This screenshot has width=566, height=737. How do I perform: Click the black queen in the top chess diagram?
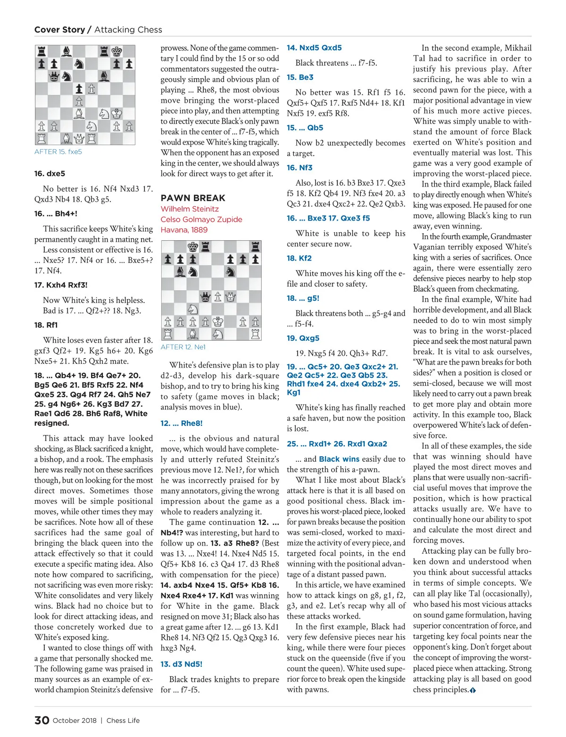click(54, 76)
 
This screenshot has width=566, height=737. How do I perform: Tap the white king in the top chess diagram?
click(116, 114)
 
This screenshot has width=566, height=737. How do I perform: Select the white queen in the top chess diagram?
click(79, 139)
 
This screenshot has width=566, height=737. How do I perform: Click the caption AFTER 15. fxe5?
click(58, 152)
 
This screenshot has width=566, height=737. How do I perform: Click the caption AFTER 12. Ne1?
click(183, 347)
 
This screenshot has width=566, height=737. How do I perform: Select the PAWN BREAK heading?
click(193, 198)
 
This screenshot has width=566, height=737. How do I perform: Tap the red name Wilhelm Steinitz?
click(190, 209)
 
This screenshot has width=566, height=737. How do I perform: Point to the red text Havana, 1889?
click(184, 229)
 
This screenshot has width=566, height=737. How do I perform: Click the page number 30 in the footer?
click(42, 720)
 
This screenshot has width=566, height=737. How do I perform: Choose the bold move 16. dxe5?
click(50, 173)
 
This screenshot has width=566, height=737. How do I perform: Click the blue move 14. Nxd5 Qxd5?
click(314, 48)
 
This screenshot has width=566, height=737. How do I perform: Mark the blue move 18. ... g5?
click(303, 298)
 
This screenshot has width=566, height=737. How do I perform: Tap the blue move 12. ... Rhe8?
click(182, 423)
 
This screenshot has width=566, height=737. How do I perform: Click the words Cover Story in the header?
click(59, 30)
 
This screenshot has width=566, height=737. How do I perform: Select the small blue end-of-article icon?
click(473, 690)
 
